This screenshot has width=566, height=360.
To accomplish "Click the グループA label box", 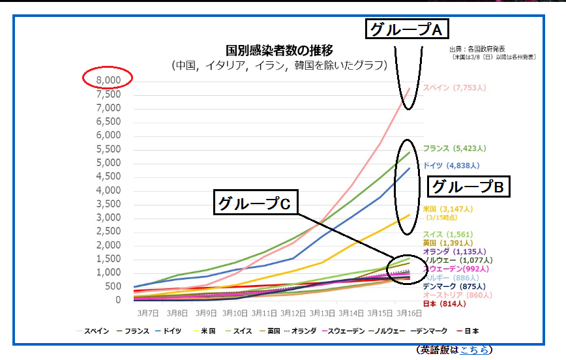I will [408, 29].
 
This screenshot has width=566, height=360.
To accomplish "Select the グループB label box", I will [468, 187].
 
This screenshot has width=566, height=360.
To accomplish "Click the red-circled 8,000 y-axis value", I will [108, 80].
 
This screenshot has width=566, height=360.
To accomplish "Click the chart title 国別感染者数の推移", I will [279, 50].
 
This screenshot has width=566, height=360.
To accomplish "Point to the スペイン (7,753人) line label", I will [454, 87].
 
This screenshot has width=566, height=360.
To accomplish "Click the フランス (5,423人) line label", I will [454, 148].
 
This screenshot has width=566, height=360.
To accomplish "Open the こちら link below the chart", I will [473, 350].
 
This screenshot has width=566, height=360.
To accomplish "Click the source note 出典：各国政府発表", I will [477, 50].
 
